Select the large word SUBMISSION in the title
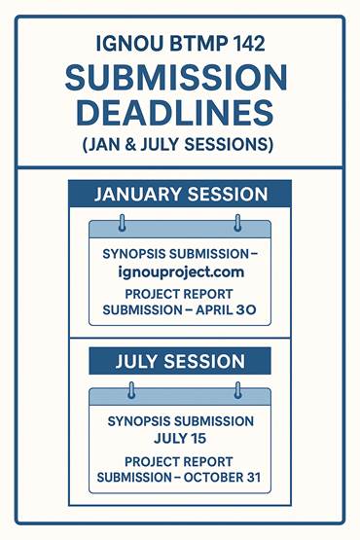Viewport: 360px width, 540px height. [x=179, y=78]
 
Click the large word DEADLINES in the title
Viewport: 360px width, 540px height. [x=179, y=113]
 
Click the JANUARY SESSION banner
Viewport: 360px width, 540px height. [x=180, y=193]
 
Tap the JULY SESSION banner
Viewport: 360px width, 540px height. [x=180, y=362]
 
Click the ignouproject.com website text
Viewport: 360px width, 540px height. [x=180, y=271]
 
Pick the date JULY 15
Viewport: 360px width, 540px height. [x=180, y=439]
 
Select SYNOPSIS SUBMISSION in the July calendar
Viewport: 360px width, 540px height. [x=180, y=422]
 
